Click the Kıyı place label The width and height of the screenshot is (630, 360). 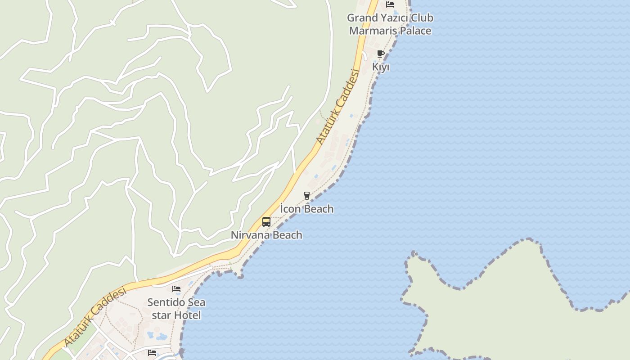[x=381, y=67]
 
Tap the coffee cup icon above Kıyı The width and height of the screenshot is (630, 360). [x=381, y=54]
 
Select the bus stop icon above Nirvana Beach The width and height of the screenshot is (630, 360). [x=266, y=222]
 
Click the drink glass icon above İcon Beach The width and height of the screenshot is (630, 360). [x=307, y=196]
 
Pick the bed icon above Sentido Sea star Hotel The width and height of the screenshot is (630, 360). [x=176, y=289]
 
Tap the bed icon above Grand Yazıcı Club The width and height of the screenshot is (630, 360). [x=390, y=4]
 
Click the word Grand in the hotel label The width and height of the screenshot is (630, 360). [x=362, y=18]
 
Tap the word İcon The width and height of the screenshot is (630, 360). [x=291, y=209]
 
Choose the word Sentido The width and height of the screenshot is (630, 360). [x=167, y=302]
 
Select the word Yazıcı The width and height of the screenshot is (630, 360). [x=396, y=18]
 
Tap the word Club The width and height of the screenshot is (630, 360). [x=423, y=18]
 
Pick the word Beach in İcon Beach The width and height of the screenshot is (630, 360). [x=319, y=209]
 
